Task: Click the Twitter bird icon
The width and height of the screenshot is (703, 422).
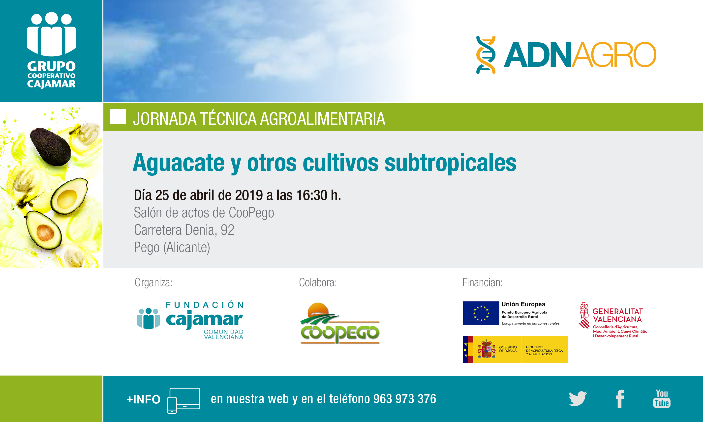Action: [x=578, y=399]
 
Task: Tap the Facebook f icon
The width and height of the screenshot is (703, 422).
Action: [x=620, y=399]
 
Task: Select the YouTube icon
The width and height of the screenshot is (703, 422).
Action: [x=662, y=399]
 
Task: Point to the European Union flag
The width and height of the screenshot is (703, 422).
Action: [x=481, y=313]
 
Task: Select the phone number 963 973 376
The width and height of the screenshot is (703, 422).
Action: [x=404, y=399]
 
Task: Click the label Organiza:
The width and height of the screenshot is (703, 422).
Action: [x=153, y=282]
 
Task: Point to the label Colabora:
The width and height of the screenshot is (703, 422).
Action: [x=318, y=282]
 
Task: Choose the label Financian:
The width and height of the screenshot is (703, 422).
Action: [x=482, y=282]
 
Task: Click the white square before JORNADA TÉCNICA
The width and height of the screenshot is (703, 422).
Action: [x=118, y=117]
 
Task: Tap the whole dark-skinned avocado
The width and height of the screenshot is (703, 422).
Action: [x=50, y=147]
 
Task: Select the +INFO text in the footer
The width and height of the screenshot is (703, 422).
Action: [x=143, y=399]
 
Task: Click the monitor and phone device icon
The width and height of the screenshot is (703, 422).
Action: [x=183, y=400]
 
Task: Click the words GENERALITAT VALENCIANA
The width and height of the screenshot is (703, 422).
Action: [x=617, y=315]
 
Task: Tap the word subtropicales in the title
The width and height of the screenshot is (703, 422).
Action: [x=450, y=163]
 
